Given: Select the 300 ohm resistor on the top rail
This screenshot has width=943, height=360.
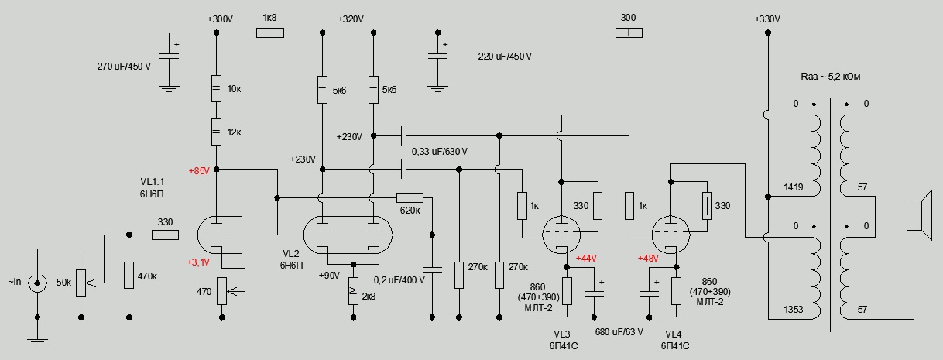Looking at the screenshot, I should tap(629, 33).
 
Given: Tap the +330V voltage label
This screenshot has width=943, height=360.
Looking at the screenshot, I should tap(768, 19).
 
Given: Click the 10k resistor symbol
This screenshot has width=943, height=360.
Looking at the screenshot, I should tap(216, 88).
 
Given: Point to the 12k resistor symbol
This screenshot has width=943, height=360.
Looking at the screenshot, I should tap(216, 132).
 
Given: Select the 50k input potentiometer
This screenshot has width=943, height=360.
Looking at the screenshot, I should tap(81, 282).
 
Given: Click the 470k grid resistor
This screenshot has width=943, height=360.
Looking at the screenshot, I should tap(128, 275).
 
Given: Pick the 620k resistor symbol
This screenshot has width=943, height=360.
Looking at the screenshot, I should tap(409, 197).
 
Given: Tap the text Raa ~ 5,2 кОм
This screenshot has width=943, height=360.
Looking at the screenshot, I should tap(832, 77).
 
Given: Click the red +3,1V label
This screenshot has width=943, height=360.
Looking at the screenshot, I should tap(199, 262).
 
